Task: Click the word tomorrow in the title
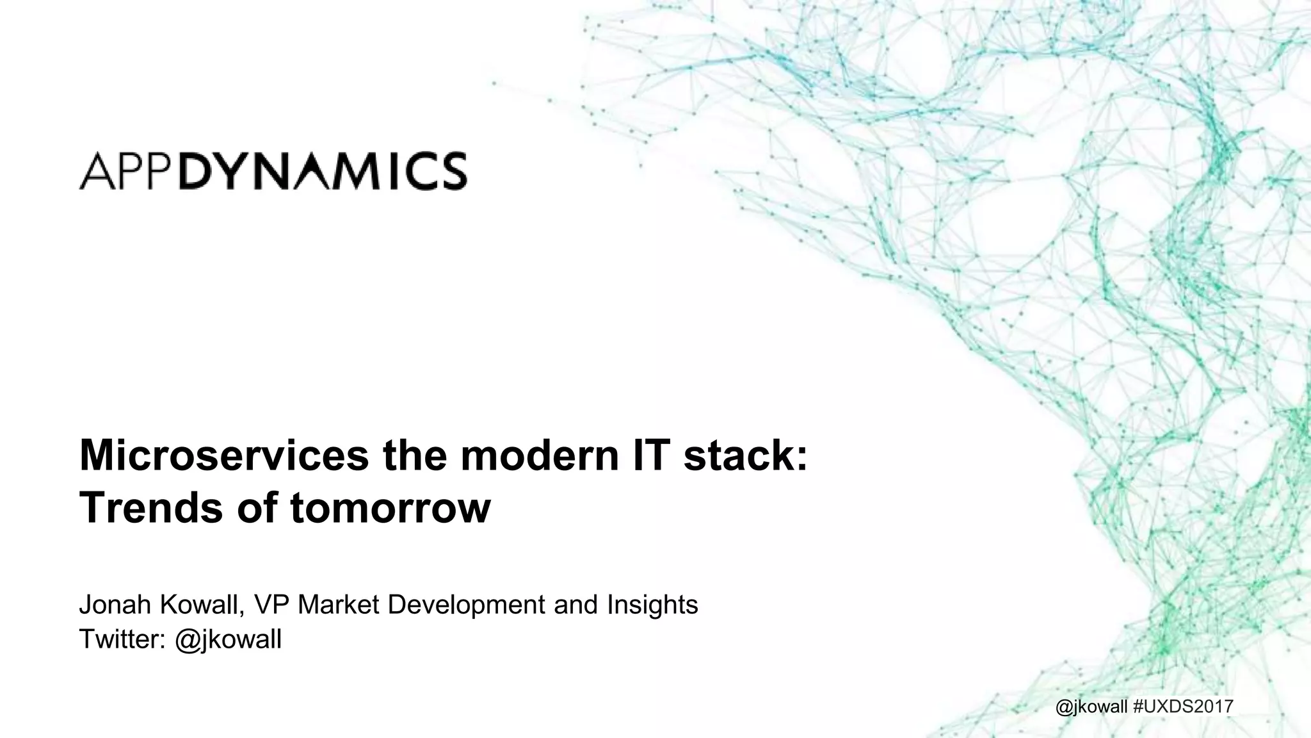pyautogui.click(x=390, y=508)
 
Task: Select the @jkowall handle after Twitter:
pyautogui.click(x=228, y=639)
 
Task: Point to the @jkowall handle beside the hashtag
pyautogui.click(x=1100, y=707)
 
